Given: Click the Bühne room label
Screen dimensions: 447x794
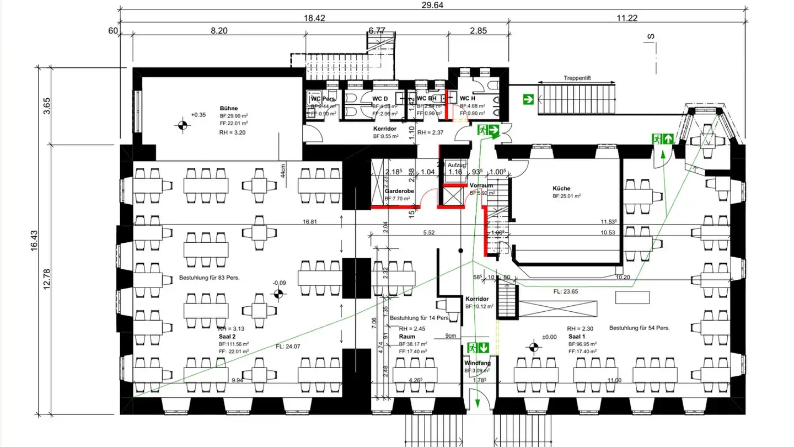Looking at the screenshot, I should (228, 108).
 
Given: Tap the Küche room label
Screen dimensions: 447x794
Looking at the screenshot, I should (561, 188).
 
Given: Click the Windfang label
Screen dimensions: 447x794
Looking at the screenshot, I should (477, 363).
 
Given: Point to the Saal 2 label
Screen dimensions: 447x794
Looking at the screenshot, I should (227, 336).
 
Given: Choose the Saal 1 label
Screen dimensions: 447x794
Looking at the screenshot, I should (577, 336).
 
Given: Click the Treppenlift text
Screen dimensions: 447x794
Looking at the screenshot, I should (577, 78).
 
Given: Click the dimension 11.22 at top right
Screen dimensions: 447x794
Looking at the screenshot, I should (627, 18).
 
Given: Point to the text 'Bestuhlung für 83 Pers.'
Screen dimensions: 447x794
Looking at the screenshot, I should (209, 277).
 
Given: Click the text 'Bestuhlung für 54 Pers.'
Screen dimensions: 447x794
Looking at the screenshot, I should (639, 328).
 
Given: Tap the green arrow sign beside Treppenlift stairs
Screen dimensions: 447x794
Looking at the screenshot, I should (529, 100).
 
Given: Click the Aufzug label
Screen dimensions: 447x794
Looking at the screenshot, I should (457, 165).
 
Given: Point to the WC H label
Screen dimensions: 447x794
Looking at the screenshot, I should (467, 98).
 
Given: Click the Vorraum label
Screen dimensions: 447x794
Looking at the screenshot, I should (481, 186).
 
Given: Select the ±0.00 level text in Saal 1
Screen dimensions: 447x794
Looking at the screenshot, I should (549, 337).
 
